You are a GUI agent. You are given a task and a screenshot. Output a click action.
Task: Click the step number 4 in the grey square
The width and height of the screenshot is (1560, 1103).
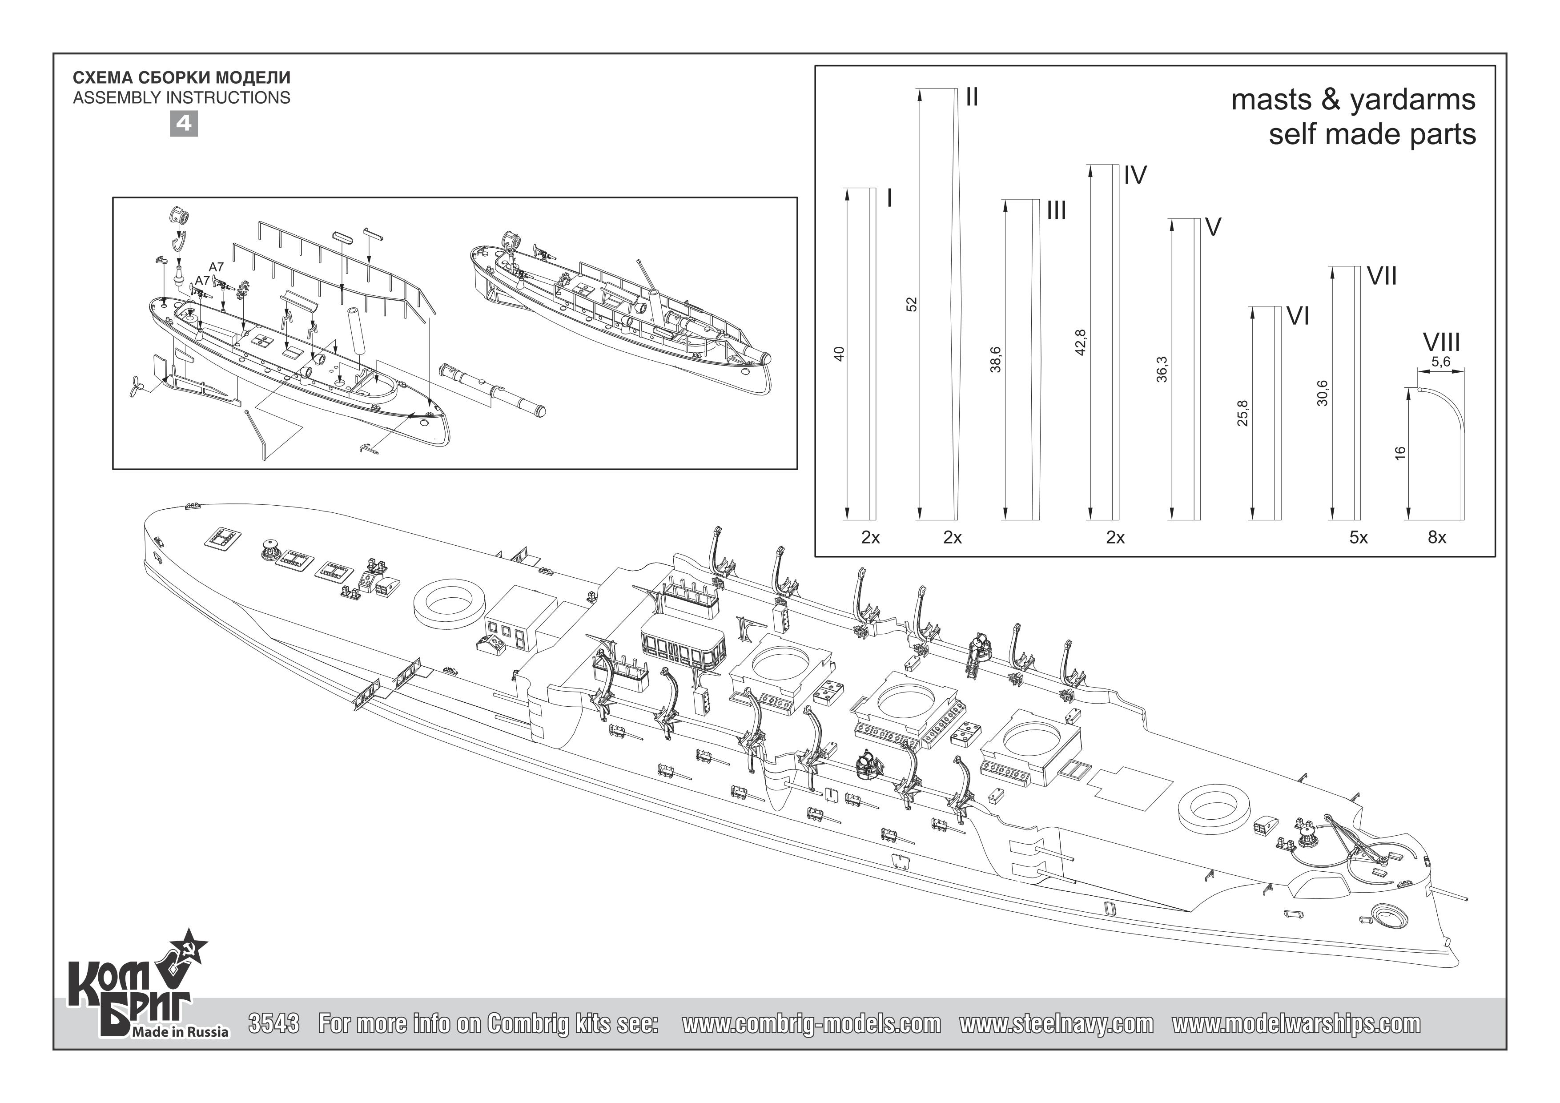(x=184, y=124)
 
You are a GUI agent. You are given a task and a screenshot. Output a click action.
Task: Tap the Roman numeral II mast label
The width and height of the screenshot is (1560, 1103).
(x=972, y=98)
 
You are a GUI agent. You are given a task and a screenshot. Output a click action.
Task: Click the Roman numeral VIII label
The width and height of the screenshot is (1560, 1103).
(x=1441, y=342)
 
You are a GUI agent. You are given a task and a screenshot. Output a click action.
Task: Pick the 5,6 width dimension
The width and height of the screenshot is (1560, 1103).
(x=1440, y=362)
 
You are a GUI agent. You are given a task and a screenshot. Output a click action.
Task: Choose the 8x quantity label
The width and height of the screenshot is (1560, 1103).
(x=1437, y=538)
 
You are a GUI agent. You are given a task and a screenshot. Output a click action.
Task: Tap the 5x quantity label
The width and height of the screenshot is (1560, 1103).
(x=1358, y=538)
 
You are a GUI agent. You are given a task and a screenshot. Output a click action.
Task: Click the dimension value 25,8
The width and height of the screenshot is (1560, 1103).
(x=1242, y=414)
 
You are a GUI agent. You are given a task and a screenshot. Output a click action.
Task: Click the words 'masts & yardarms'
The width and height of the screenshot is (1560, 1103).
(x=1354, y=100)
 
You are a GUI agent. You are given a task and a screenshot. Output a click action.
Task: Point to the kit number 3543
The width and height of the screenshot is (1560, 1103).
(x=274, y=1023)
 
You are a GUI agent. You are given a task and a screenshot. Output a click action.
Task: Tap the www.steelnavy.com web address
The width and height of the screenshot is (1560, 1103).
(x=1057, y=1023)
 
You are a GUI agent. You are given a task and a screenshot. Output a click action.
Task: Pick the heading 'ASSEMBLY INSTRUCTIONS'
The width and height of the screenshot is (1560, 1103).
(x=181, y=98)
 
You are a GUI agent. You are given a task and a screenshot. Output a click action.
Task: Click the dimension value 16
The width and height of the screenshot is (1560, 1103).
(x=1399, y=453)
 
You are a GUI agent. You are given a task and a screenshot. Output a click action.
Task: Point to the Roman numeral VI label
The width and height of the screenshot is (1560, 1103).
(x=1298, y=316)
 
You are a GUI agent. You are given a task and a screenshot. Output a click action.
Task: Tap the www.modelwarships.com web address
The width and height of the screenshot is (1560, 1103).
(x=1296, y=1023)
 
